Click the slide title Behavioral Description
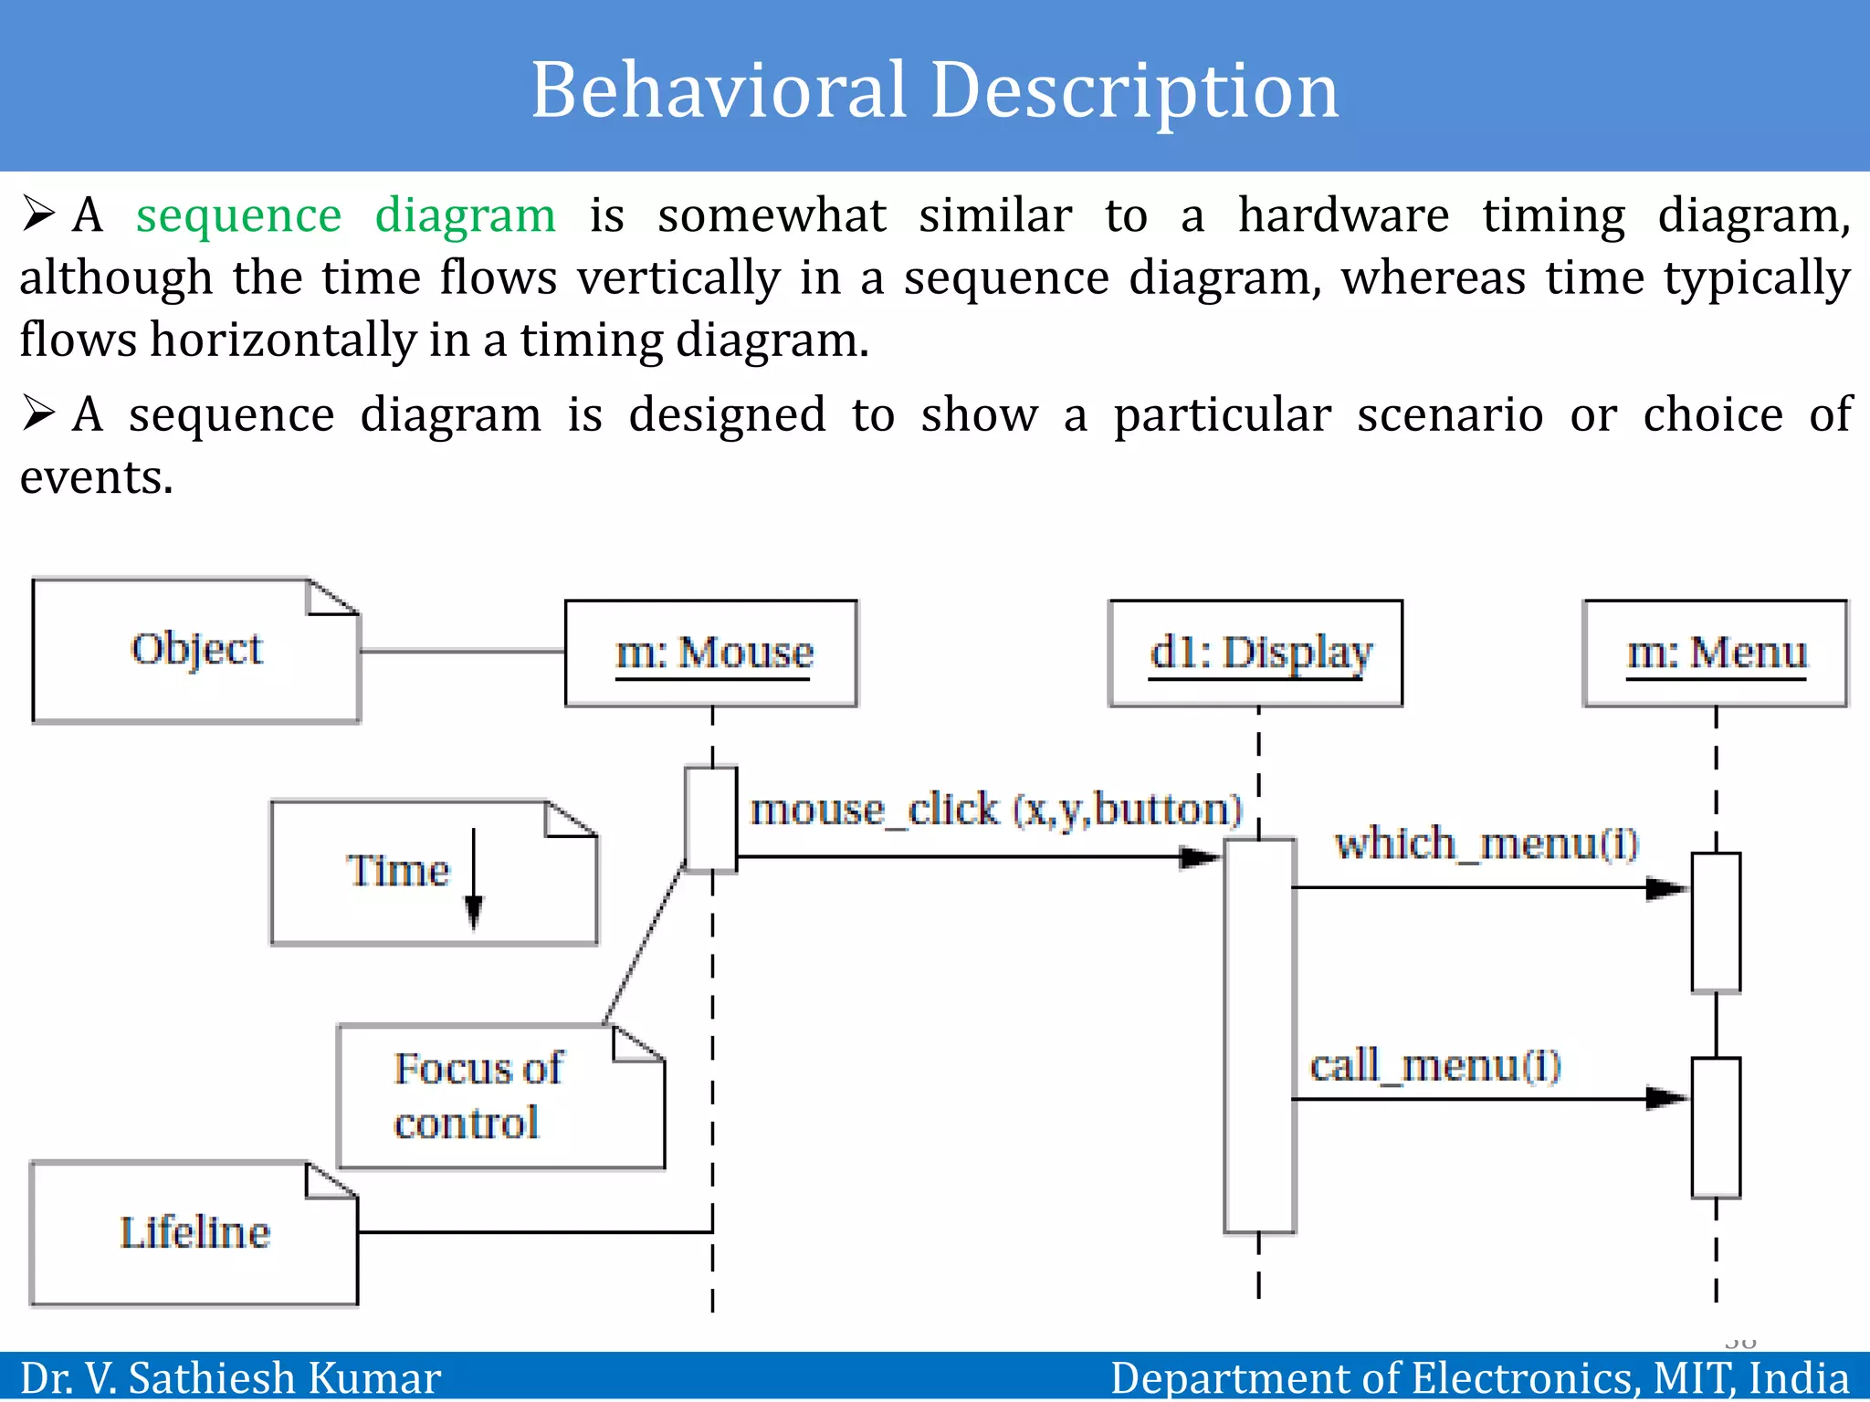pyautogui.click(x=935, y=89)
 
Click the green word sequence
pyautogui.click(x=239, y=215)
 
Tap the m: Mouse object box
pyautogui.click(x=711, y=653)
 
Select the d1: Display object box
pyautogui.click(x=1255, y=653)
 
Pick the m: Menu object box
pyautogui.click(x=1715, y=653)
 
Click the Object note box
pyautogui.click(x=195, y=650)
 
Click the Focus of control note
pyautogui.click(x=500, y=1096)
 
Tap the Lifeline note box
pyautogui.click(x=194, y=1233)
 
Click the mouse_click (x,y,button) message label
pyautogui.click(x=996, y=810)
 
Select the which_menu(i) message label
pyautogui.click(x=1487, y=842)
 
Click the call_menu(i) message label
pyautogui.click(x=1435, y=1065)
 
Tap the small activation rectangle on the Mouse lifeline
pyautogui.click(x=711, y=819)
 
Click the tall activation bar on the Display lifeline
pyautogui.click(x=1259, y=1036)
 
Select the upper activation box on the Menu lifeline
pyautogui.click(x=1716, y=922)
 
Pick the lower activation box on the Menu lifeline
pyautogui.click(x=1716, y=1127)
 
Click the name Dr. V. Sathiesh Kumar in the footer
pyautogui.click(x=230, y=1377)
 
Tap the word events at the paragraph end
pyautogui.click(x=95, y=477)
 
